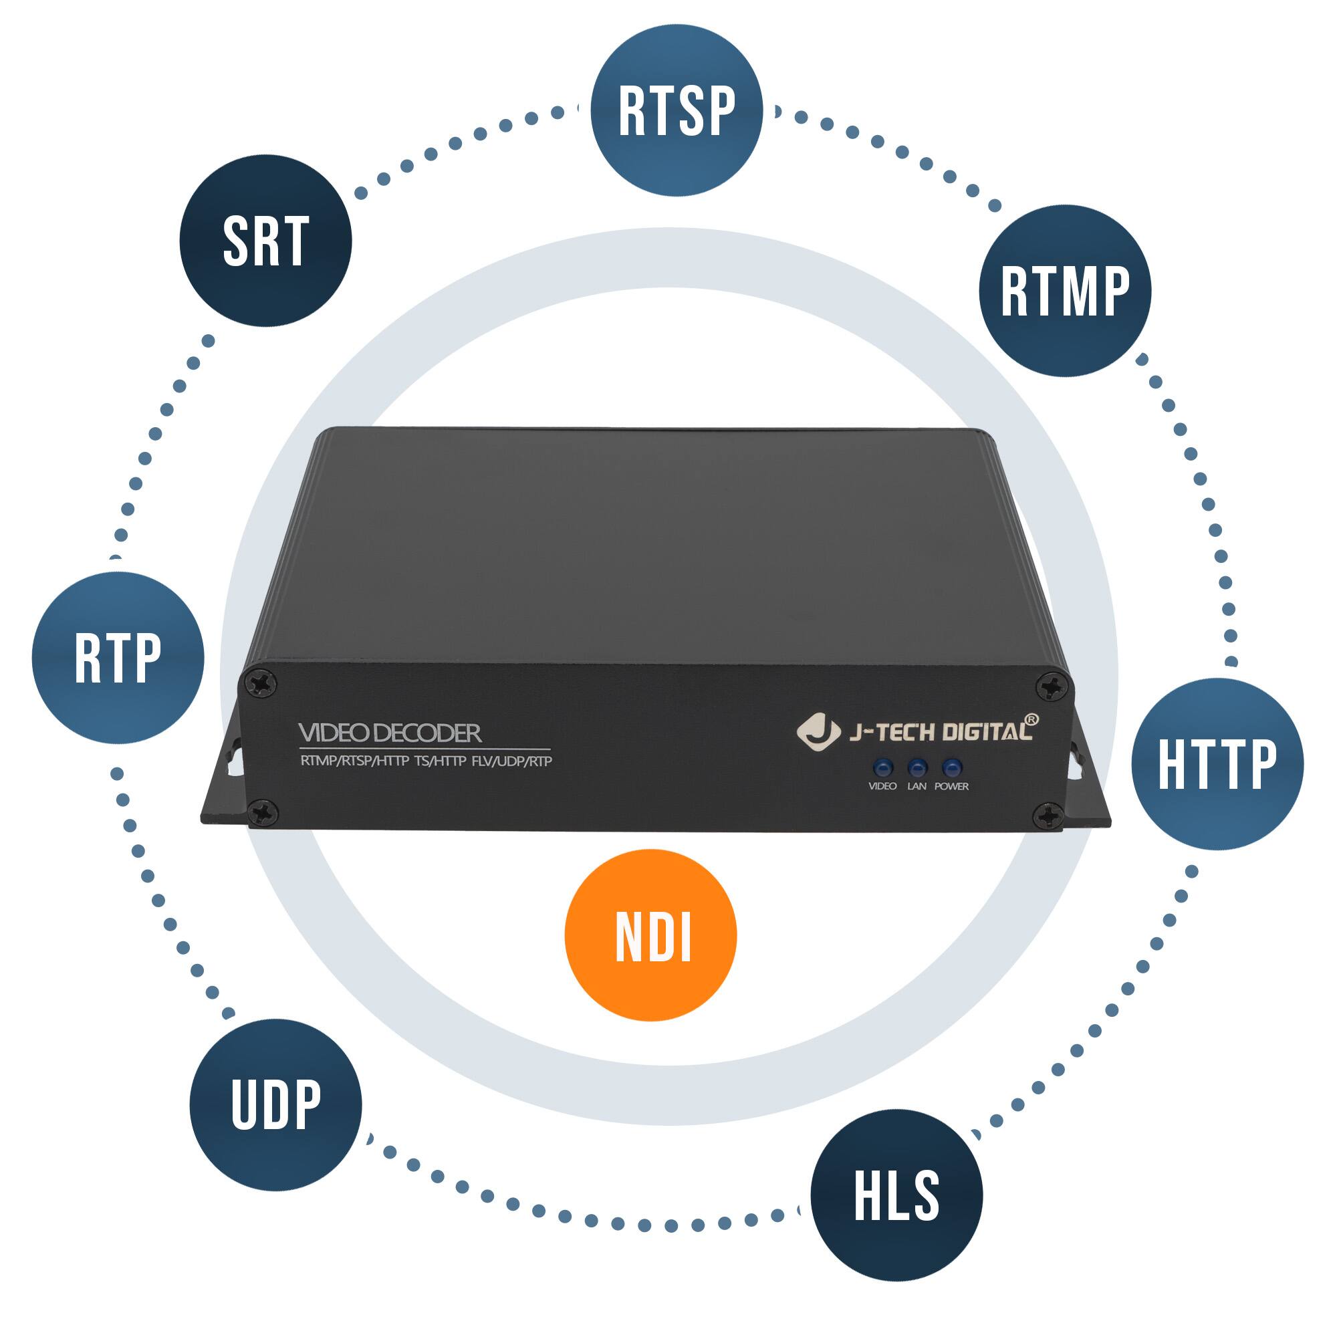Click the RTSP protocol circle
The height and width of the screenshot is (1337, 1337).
pos(676,110)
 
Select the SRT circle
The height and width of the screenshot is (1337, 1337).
pos(266,241)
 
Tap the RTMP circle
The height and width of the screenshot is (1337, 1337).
pos(1064,291)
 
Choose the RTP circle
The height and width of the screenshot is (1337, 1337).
pos(118,657)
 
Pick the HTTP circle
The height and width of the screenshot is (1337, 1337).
pos(1217,764)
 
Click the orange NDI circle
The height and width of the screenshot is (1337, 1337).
pos(650,936)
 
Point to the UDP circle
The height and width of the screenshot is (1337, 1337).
pos(275,1104)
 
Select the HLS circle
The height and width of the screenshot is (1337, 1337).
pos(896,1195)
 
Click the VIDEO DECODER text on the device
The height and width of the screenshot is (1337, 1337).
pos(390,733)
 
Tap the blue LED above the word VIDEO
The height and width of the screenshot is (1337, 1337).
pos(882,767)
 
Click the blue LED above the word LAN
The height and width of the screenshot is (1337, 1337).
pos(917,767)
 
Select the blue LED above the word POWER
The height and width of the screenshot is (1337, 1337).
pos(952,767)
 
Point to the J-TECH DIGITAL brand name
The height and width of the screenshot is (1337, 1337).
pos(941,732)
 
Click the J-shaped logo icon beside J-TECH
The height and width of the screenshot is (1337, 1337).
pos(818,731)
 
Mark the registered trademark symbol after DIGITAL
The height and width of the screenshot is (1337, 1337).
pos(1030,720)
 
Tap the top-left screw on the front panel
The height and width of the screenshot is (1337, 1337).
pos(263,685)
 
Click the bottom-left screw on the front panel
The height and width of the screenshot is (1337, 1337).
pos(263,812)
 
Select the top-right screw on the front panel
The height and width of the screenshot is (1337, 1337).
pos(1050,687)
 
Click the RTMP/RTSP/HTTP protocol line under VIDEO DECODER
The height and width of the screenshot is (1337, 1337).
pos(426,761)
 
